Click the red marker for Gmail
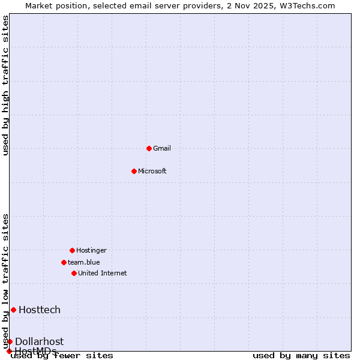click(149, 148)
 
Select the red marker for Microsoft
click(134, 171)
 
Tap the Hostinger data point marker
click(72, 250)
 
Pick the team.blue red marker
click(64, 262)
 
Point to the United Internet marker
click(74, 273)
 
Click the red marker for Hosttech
click(13, 310)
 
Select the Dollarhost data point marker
click(10, 341)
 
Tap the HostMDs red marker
click(9, 351)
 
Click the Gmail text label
click(162, 148)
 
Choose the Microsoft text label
click(152, 171)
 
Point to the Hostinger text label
click(91, 250)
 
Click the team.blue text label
click(84, 262)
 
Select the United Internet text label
click(103, 273)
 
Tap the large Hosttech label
click(40, 310)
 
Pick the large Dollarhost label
click(39, 341)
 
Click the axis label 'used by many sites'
click(301, 356)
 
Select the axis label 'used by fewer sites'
click(62, 356)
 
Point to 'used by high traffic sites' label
click(6, 85)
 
